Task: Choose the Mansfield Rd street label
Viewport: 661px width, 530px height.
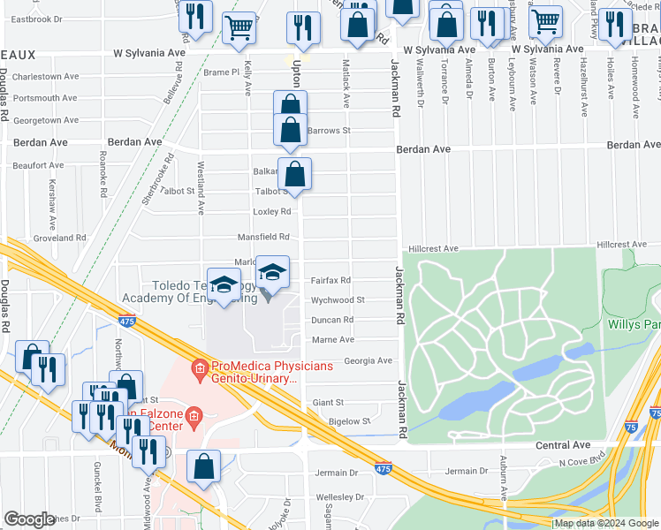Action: pyautogui.click(x=263, y=238)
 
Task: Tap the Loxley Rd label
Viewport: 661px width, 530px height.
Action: pyautogui.click(x=271, y=212)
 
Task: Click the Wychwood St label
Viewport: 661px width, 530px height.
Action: pyautogui.click(x=338, y=300)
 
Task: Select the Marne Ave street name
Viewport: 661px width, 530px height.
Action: pyautogui.click(x=333, y=339)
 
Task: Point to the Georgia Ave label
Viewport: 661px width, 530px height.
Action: pyautogui.click(x=368, y=360)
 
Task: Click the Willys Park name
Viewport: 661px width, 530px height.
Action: pyautogui.click(x=634, y=324)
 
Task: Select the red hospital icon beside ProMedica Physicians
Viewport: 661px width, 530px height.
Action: pyautogui.click(x=201, y=367)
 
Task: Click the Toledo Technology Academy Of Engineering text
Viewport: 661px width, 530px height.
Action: pyautogui.click(x=203, y=291)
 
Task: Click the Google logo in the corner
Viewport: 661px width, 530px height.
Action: pyautogui.click(x=28, y=519)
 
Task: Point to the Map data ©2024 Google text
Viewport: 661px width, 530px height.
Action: pyautogui.click(x=606, y=524)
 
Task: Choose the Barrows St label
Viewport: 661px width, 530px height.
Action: pyautogui.click(x=330, y=131)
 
